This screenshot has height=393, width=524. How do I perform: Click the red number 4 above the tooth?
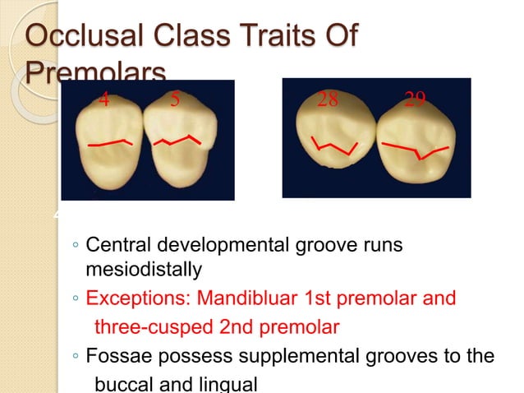(x=103, y=100)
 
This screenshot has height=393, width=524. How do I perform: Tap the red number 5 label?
(x=175, y=100)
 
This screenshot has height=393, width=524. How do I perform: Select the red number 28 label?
(x=328, y=100)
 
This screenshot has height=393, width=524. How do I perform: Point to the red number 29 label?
(x=415, y=100)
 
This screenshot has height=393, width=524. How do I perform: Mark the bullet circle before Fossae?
(x=75, y=358)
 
